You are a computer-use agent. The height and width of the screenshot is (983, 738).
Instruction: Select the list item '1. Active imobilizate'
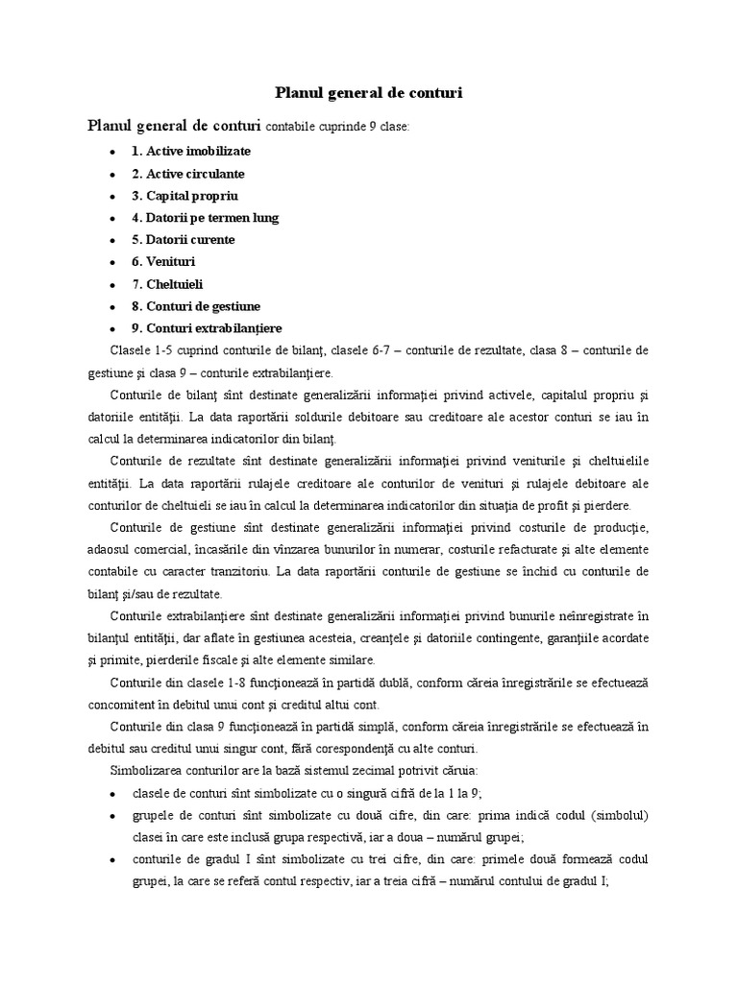click(191, 152)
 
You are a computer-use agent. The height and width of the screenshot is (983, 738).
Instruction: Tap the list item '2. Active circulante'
click(188, 174)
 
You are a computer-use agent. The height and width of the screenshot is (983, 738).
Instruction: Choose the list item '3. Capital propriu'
click(184, 196)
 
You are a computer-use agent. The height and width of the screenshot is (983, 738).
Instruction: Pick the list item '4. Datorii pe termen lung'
click(205, 218)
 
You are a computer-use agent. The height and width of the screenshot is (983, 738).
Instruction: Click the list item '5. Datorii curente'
click(183, 240)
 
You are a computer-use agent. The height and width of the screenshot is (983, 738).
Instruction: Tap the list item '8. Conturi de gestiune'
click(196, 306)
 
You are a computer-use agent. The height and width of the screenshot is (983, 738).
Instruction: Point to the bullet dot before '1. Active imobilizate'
click(112, 153)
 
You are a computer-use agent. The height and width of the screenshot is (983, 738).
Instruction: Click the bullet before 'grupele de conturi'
click(112, 816)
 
